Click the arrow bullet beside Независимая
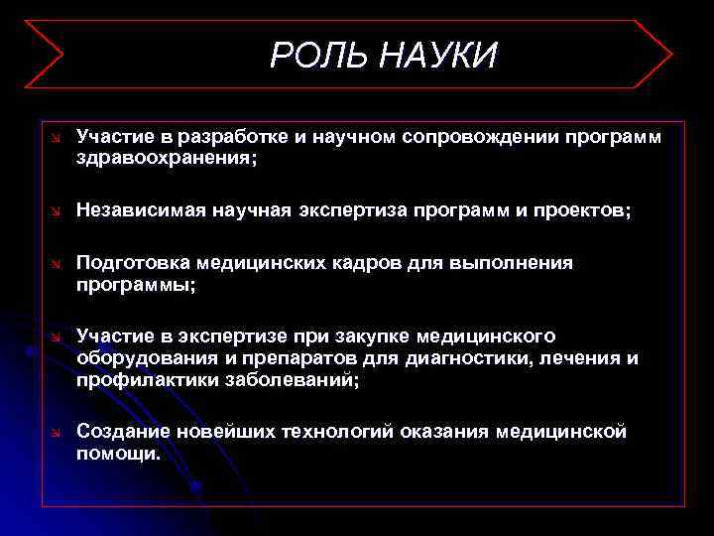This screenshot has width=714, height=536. (x=57, y=210)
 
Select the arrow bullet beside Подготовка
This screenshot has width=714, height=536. (x=57, y=263)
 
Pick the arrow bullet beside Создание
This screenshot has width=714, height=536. (x=57, y=432)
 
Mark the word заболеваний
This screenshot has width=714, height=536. (x=293, y=380)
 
